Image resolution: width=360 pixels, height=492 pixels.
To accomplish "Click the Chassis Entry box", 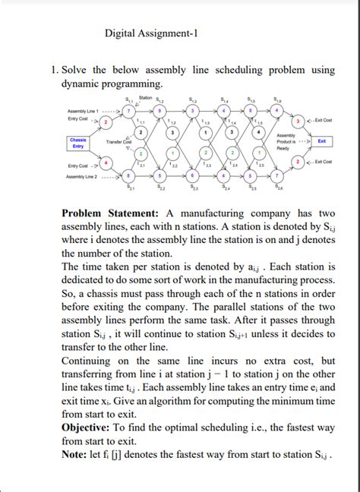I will pyautogui.click(x=77, y=143).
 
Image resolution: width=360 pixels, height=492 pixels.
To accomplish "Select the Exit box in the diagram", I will pyautogui.click(x=322, y=140).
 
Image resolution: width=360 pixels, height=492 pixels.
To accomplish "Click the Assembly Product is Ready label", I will pyautogui.click(x=292, y=140).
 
